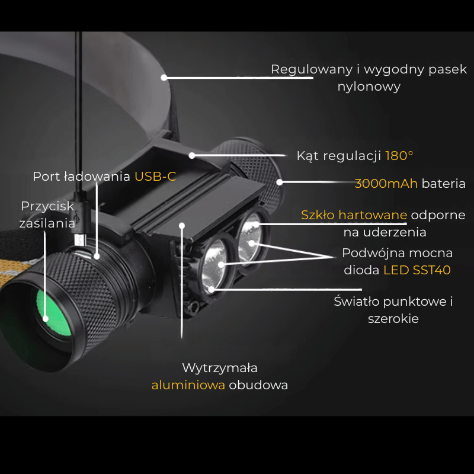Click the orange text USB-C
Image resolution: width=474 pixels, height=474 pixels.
tap(155, 176)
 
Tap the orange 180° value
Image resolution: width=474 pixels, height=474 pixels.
tap(399, 156)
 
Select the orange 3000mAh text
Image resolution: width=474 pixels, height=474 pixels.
tap(386, 184)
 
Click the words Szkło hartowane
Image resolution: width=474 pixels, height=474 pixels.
tap(354, 215)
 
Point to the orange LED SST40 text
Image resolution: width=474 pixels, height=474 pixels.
tap(417, 270)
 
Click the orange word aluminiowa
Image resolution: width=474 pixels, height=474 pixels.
tap(188, 385)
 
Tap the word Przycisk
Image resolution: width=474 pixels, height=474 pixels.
tap(47, 206)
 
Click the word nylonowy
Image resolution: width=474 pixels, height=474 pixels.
tap(369, 87)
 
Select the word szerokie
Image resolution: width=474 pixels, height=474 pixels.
tap(393, 319)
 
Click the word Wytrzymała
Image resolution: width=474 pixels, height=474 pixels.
tap(220, 368)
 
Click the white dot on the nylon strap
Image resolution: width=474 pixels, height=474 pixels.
tap(164, 78)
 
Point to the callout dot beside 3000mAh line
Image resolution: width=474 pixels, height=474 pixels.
tap(280, 182)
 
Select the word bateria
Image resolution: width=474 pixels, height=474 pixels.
tap(443, 184)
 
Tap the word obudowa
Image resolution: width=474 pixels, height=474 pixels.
tap(258, 385)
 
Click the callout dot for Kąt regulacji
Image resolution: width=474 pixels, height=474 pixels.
tap(192, 156)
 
